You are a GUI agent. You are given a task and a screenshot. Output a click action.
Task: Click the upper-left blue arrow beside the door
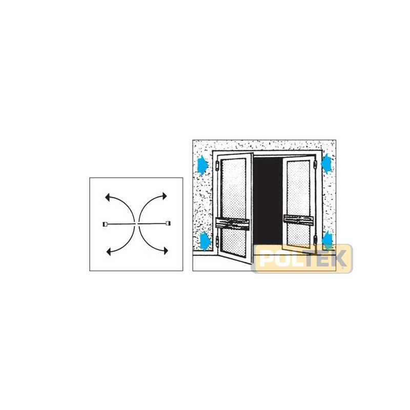[x=202, y=165]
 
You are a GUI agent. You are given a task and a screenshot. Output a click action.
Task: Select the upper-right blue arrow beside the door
[x=326, y=163]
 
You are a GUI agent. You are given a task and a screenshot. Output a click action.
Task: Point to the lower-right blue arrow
[x=327, y=240]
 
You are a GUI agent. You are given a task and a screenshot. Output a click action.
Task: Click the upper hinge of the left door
[x=217, y=166]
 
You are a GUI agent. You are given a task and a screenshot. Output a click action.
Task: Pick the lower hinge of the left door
[x=217, y=241]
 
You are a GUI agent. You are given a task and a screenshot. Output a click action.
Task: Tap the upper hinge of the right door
[x=315, y=165]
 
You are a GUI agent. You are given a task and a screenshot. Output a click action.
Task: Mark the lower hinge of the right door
[x=316, y=239]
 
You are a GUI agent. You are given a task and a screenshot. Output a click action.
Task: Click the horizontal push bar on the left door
[x=232, y=223]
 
